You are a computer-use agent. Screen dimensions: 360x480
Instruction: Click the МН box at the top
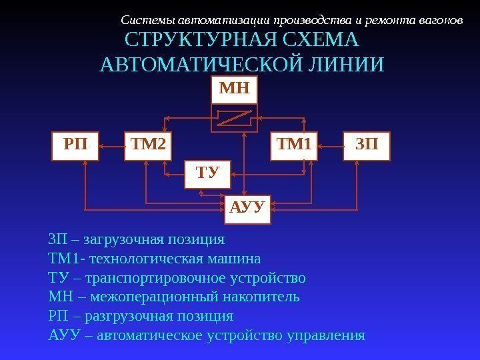click(235, 89)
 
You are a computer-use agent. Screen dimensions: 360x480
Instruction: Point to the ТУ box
click(207, 174)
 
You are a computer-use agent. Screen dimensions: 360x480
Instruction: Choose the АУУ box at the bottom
click(247, 209)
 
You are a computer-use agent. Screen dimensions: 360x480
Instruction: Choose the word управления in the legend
click(326, 335)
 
